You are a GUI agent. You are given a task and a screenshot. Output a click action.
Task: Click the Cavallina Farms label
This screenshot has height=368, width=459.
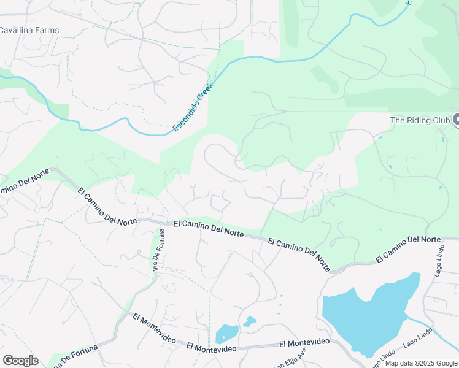(29, 30)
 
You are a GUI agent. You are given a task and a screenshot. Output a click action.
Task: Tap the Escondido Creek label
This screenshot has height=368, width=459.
(192, 107)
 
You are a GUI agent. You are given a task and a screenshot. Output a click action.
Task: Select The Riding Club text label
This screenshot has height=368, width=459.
(420, 120)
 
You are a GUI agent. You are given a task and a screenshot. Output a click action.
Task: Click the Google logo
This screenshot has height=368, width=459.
(20, 361)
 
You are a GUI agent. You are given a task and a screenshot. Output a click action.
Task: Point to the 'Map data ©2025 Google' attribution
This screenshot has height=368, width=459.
(421, 363)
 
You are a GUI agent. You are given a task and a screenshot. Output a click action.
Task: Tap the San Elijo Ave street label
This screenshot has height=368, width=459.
(289, 359)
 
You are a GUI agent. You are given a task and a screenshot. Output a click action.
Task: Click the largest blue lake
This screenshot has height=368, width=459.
(368, 316)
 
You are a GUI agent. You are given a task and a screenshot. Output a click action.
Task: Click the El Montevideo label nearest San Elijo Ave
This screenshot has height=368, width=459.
(304, 342)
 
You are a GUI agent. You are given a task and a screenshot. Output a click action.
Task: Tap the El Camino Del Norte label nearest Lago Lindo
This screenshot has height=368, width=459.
(408, 248)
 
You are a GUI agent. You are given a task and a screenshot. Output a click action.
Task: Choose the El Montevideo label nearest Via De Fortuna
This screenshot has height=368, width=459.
(154, 328)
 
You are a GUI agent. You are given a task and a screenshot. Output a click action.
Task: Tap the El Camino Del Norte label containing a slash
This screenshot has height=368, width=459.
(299, 253)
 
